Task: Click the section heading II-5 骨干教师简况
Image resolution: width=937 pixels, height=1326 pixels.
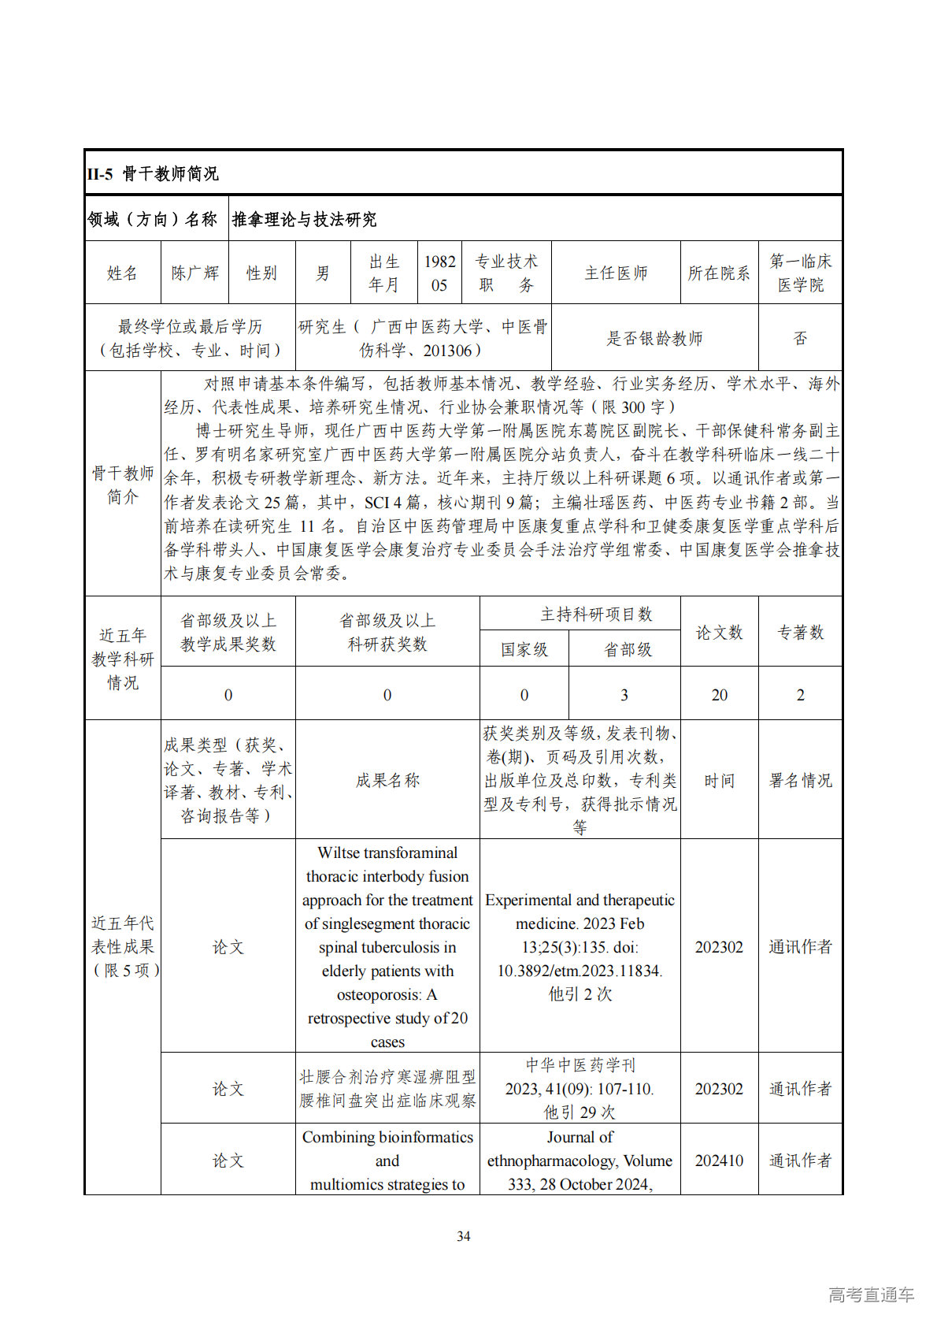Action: (x=153, y=174)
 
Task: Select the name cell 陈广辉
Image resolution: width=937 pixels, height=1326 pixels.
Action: (x=194, y=273)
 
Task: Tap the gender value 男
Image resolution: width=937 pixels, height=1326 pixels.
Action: (x=323, y=273)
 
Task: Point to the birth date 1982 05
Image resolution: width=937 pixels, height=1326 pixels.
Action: (x=439, y=273)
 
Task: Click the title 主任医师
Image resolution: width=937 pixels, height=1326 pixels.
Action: (x=616, y=273)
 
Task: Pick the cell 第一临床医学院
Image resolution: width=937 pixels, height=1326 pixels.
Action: (x=800, y=273)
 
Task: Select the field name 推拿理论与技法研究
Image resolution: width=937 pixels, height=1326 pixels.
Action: (x=304, y=220)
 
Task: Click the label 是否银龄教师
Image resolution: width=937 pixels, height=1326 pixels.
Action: (x=654, y=339)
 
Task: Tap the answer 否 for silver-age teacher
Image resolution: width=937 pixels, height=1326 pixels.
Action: (x=800, y=339)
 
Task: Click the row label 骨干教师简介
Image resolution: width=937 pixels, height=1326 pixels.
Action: (x=122, y=485)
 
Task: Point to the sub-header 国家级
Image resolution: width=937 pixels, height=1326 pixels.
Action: (x=524, y=650)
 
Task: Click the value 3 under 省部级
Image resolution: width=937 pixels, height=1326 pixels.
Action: (x=624, y=695)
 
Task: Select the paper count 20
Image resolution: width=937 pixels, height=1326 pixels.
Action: (x=719, y=695)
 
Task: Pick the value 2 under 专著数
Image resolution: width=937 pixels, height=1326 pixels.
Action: (x=800, y=695)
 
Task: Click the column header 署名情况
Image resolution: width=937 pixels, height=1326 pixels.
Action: (x=800, y=781)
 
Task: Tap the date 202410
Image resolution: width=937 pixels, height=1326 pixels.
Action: (x=719, y=1161)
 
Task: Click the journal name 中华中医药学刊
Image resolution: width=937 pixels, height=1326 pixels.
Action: (x=580, y=1066)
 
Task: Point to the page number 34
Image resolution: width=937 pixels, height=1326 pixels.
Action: (x=464, y=1237)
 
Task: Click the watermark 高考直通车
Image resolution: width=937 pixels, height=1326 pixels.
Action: (x=871, y=1294)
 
